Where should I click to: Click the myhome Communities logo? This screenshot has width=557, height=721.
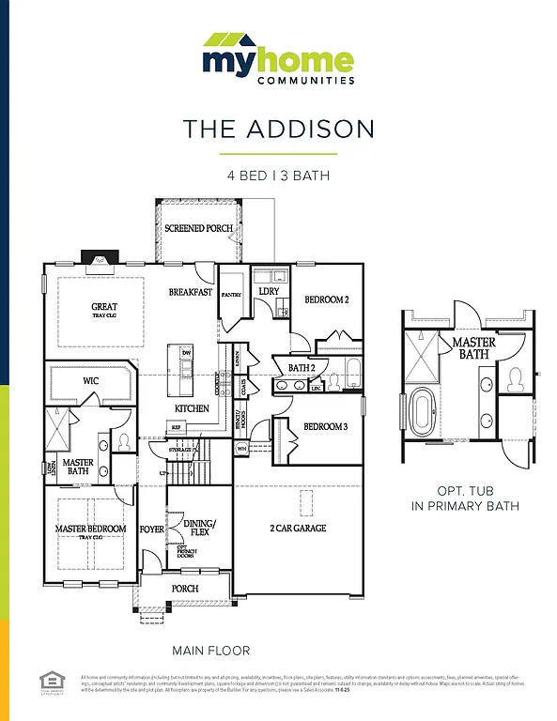278,58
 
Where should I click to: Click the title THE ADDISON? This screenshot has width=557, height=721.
278,129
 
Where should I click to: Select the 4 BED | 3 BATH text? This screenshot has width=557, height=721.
278,176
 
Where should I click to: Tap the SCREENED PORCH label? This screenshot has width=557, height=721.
198,228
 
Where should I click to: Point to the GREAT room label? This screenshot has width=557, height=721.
104,307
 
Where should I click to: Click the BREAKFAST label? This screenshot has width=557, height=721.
191,292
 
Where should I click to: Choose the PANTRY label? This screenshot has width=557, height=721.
231,295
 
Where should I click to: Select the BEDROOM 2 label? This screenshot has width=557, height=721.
327,299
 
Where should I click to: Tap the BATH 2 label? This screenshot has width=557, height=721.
302,367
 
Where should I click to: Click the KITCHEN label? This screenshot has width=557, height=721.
192,408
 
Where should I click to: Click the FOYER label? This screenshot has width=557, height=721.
152,529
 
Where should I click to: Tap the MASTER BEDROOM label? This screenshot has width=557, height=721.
90,529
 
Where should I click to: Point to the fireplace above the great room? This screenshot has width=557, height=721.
98,260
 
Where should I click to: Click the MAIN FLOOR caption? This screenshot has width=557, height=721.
210,650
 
